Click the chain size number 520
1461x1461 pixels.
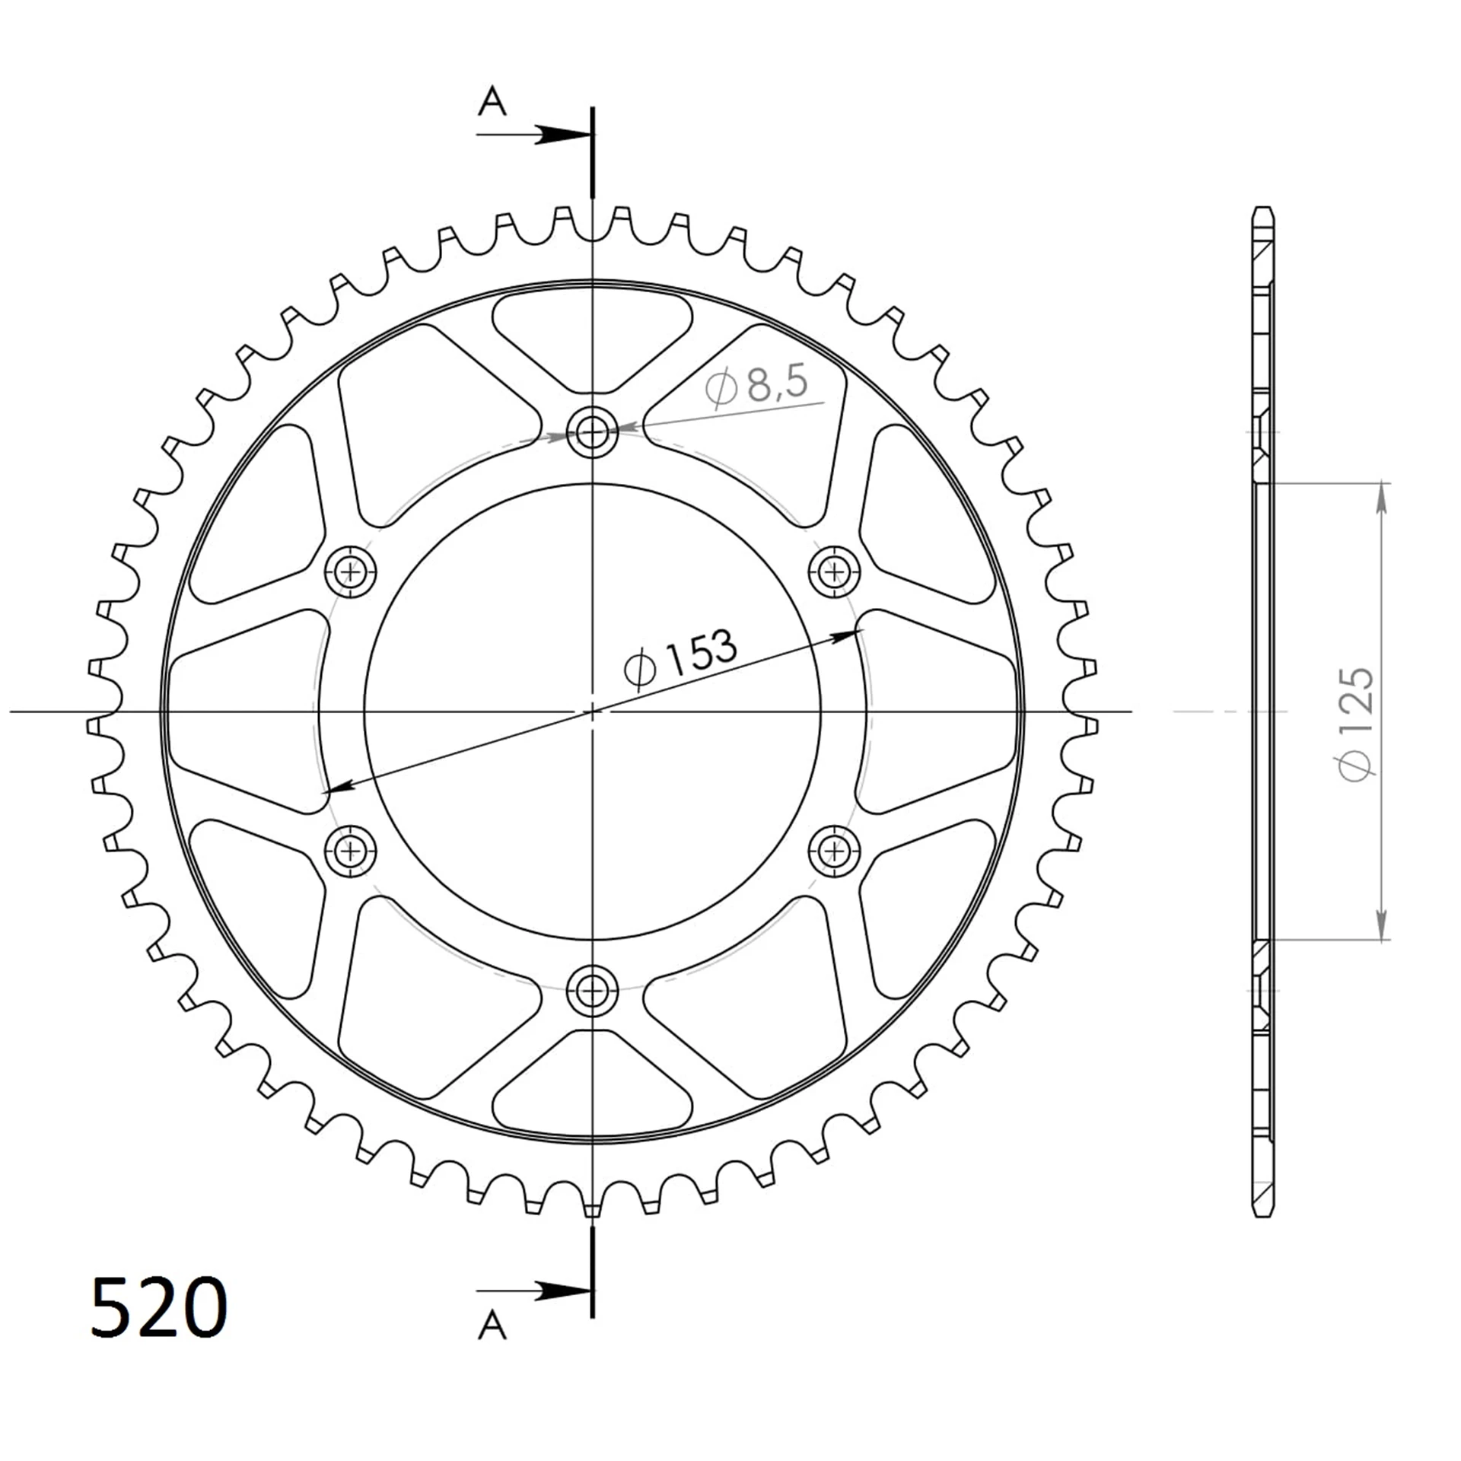(158, 1307)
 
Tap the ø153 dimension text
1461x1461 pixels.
(680, 659)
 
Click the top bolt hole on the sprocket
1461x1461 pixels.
(592, 433)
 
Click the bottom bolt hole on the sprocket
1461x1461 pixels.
(592, 991)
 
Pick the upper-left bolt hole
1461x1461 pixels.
(350, 571)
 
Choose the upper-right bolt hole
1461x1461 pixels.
(835, 571)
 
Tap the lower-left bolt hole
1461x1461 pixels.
(350, 851)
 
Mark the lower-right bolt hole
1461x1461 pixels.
(835, 851)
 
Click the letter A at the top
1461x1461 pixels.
(492, 101)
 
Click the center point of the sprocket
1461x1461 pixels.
(592, 711)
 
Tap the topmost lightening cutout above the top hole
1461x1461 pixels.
(592, 335)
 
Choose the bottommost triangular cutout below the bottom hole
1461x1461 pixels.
(592, 1087)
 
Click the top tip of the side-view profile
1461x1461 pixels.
(1262, 208)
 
